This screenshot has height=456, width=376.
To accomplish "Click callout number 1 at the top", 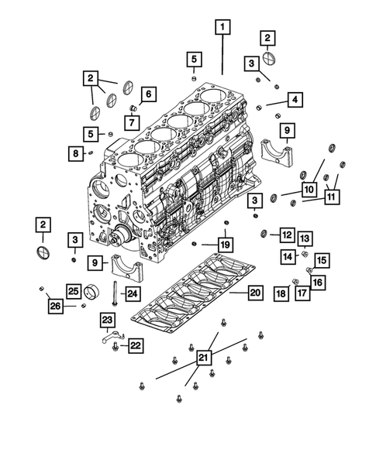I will coord(222,29).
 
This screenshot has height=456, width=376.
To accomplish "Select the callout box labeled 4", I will coord(295,99).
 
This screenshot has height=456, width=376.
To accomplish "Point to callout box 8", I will coord(75,154).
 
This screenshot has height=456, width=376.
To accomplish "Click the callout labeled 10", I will coord(307,188).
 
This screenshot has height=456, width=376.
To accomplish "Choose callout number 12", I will coord(286,234).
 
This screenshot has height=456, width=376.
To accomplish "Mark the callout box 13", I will coord(305,238).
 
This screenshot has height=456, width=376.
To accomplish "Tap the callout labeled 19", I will coord(224,245).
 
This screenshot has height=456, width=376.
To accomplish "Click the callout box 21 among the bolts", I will coord(203,357).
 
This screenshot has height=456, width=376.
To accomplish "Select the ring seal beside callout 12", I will coord(265,233).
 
